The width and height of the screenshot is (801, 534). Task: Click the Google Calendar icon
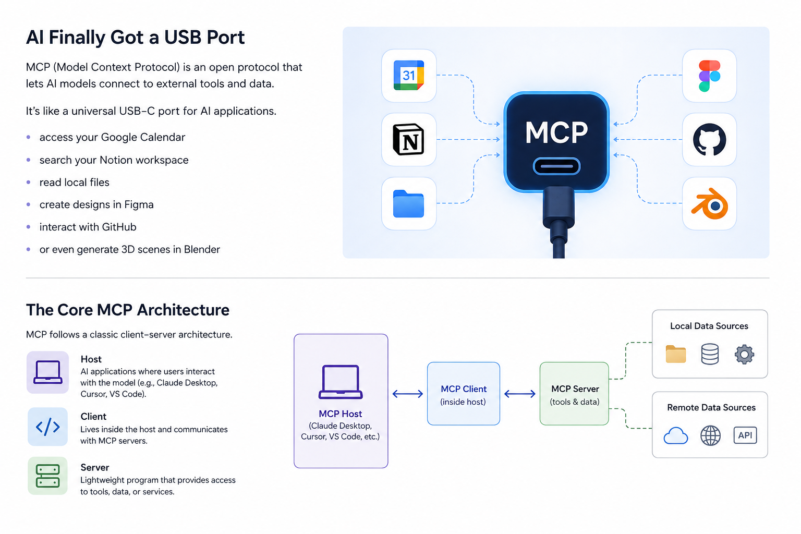coord(409,76)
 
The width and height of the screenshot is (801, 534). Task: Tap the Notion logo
coord(409,139)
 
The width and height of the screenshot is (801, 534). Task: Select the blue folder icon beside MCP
coord(408,203)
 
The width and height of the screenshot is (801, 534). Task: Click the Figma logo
coord(709,76)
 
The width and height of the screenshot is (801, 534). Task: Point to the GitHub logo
coord(709,139)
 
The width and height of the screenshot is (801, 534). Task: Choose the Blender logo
coord(710,203)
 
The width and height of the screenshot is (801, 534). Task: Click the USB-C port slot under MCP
coord(556,166)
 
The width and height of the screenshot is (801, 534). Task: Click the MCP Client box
coord(464,393)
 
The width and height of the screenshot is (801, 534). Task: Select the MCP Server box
coord(574,393)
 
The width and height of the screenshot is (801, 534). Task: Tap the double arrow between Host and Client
coord(408,394)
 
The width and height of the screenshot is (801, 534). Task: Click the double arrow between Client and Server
coord(519,394)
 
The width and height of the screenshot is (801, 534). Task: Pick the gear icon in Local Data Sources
coord(745,355)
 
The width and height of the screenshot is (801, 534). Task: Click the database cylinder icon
coord(710,354)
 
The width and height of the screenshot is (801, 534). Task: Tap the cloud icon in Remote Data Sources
coord(675,435)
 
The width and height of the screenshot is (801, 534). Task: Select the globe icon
coord(710,435)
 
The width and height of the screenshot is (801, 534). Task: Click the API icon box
coord(745,435)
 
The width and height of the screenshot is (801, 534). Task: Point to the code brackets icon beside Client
coord(47,427)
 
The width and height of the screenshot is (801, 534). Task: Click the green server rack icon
coord(47,476)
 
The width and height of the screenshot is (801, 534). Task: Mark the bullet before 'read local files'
coord(29,182)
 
